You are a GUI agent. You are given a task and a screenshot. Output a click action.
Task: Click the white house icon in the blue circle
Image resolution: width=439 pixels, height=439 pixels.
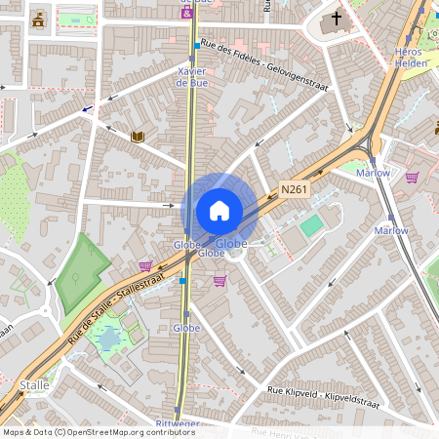219,211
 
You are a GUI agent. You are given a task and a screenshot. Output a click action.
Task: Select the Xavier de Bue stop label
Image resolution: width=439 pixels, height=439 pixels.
192,77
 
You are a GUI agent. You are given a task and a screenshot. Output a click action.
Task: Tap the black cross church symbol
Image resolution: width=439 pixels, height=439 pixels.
338,18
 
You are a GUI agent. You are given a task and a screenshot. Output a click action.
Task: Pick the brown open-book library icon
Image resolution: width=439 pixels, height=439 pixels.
138,137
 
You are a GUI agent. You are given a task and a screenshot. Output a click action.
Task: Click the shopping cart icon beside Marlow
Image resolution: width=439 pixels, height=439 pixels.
412,178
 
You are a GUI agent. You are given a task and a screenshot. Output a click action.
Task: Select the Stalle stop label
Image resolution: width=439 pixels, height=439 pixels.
34,385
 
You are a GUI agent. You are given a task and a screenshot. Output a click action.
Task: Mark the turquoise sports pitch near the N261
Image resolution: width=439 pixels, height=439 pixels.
311,226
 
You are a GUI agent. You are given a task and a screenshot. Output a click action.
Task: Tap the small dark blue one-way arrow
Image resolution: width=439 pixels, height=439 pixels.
88,109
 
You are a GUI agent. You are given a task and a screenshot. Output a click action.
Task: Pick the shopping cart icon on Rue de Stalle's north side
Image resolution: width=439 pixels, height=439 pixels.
146,265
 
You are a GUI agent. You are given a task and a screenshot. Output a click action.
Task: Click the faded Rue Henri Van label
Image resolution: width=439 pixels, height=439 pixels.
293,431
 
